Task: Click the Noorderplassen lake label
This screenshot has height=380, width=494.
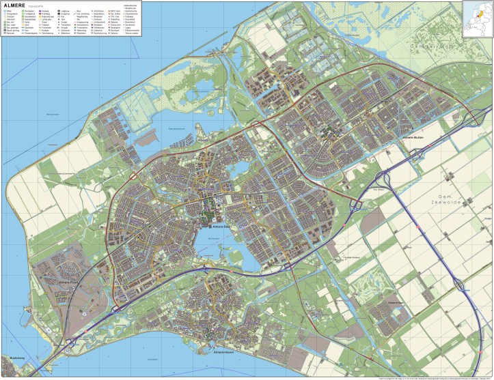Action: pos(177,129)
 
